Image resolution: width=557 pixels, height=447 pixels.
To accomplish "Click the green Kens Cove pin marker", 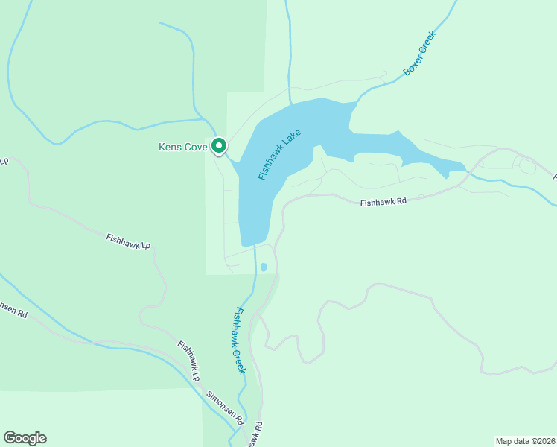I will point(219,145).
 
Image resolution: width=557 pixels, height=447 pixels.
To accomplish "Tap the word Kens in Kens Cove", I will point(171,147).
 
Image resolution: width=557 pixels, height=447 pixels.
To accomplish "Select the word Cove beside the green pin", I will point(196,147).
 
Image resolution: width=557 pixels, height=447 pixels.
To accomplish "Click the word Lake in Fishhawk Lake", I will point(291,139).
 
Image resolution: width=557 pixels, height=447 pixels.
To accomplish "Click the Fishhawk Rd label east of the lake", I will point(383,202).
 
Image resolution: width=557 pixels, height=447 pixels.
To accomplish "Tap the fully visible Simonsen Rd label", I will point(225,408).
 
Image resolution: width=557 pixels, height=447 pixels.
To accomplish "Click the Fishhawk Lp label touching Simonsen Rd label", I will point(189,361).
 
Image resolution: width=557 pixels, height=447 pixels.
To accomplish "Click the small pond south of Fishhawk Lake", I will point(264,267).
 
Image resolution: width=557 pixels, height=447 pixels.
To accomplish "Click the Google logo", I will point(25,438).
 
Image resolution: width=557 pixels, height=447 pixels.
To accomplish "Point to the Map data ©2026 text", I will point(524,441).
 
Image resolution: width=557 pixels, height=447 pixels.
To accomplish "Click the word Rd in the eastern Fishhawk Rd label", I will point(401,202).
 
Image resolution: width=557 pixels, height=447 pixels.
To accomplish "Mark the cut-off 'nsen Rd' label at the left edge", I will point(13,310).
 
